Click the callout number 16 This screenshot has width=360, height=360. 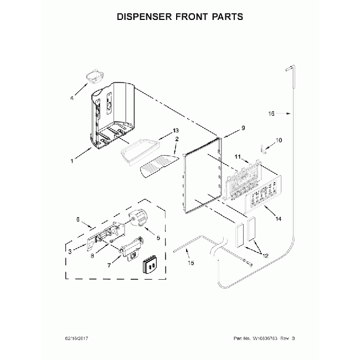[x=271, y=114]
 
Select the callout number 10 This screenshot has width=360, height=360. [x=278, y=141]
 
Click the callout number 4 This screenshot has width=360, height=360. [x=71, y=99]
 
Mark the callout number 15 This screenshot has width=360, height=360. [x=191, y=264]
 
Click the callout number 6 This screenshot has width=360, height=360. [x=76, y=219]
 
